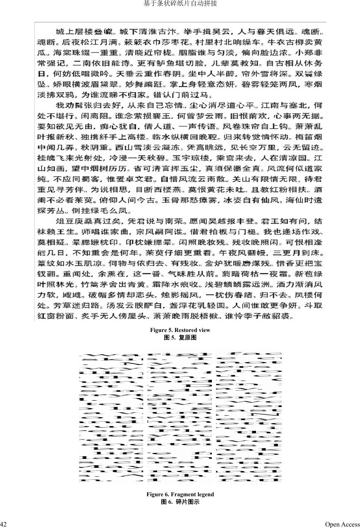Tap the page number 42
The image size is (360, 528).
pyautogui.click(x=3, y=524)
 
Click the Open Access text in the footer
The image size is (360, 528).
pyautogui.click(x=342, y=524)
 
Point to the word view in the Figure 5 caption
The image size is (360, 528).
pyautogui.click(x=204, y=330)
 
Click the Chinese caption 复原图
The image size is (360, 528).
pyautogui.click(x=188, y=338)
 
